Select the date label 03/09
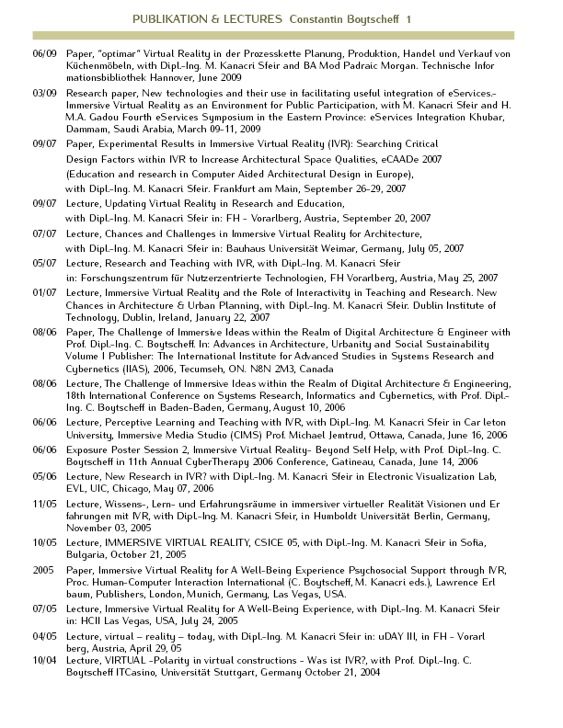point(43,94)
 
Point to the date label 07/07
point(43,234)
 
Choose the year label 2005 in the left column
point(43,570)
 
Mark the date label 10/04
point(43,661)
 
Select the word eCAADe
point(398,158)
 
